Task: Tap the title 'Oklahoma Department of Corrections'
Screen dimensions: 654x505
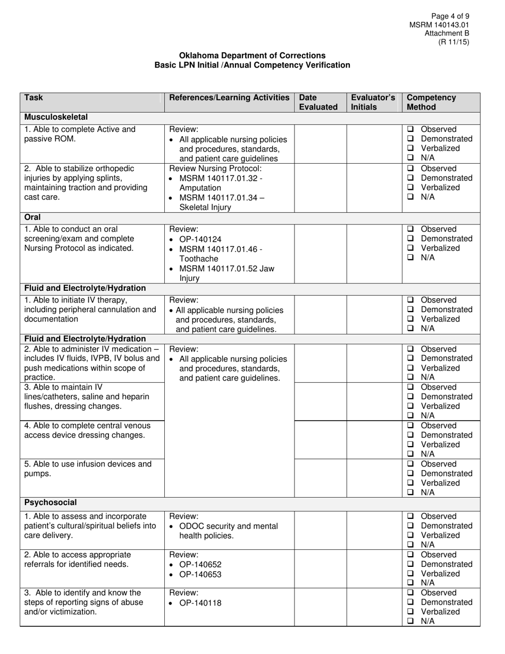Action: click(x=252, y=55)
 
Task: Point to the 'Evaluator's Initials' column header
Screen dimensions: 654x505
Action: click(x=373, y=102)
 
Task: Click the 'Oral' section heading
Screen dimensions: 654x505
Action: click(x=32, y=217)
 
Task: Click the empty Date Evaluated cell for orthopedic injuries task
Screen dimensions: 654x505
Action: click(x=321, y=187)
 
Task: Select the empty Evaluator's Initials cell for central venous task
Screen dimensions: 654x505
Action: click(x=374, y=439)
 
